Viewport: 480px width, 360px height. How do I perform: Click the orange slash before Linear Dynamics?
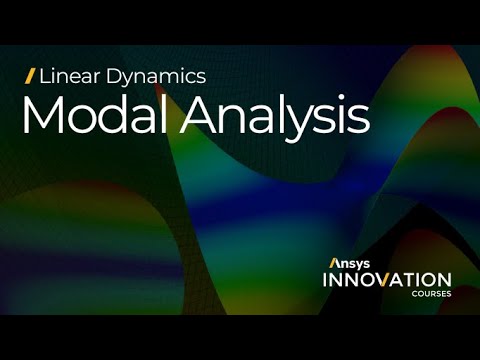31,75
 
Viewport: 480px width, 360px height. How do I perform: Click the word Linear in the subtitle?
67,75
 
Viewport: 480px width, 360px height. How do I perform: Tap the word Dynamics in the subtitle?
152,76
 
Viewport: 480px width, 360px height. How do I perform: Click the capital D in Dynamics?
106,75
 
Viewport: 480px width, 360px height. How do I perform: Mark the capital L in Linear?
44,75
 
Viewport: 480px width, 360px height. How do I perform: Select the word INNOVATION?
386,279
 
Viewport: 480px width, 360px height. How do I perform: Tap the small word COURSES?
431,294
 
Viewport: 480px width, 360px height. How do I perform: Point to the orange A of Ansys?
334,263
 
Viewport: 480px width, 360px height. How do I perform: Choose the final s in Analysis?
359,121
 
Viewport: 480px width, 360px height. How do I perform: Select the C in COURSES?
414,294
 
